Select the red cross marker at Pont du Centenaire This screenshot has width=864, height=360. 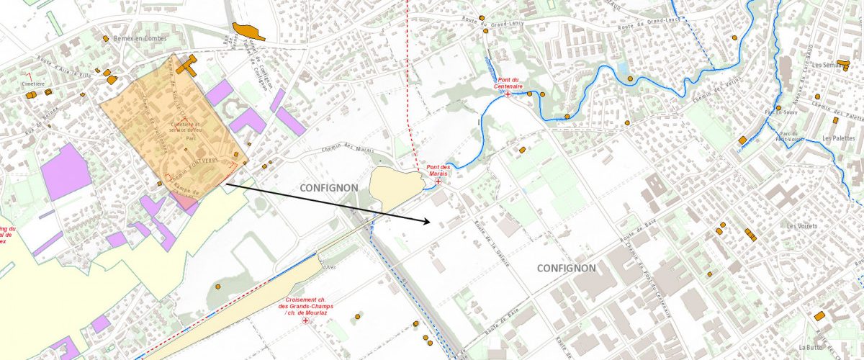(x=508, y=94)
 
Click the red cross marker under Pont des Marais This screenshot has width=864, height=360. (x=438, y=181)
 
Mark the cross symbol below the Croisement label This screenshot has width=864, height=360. (x=305, y=320)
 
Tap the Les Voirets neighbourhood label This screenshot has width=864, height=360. (x=803, y=225)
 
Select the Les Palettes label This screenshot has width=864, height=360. (x=837, y=138)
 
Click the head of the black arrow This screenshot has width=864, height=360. (x=431, y=222)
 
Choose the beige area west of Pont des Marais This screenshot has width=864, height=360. (x=394, y=186)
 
